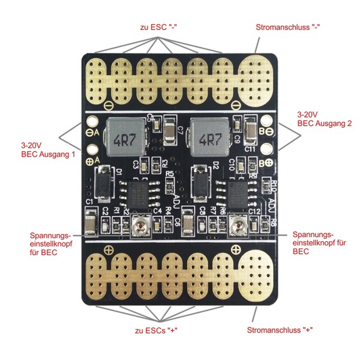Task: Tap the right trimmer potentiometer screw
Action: click(x=238, y=227)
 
